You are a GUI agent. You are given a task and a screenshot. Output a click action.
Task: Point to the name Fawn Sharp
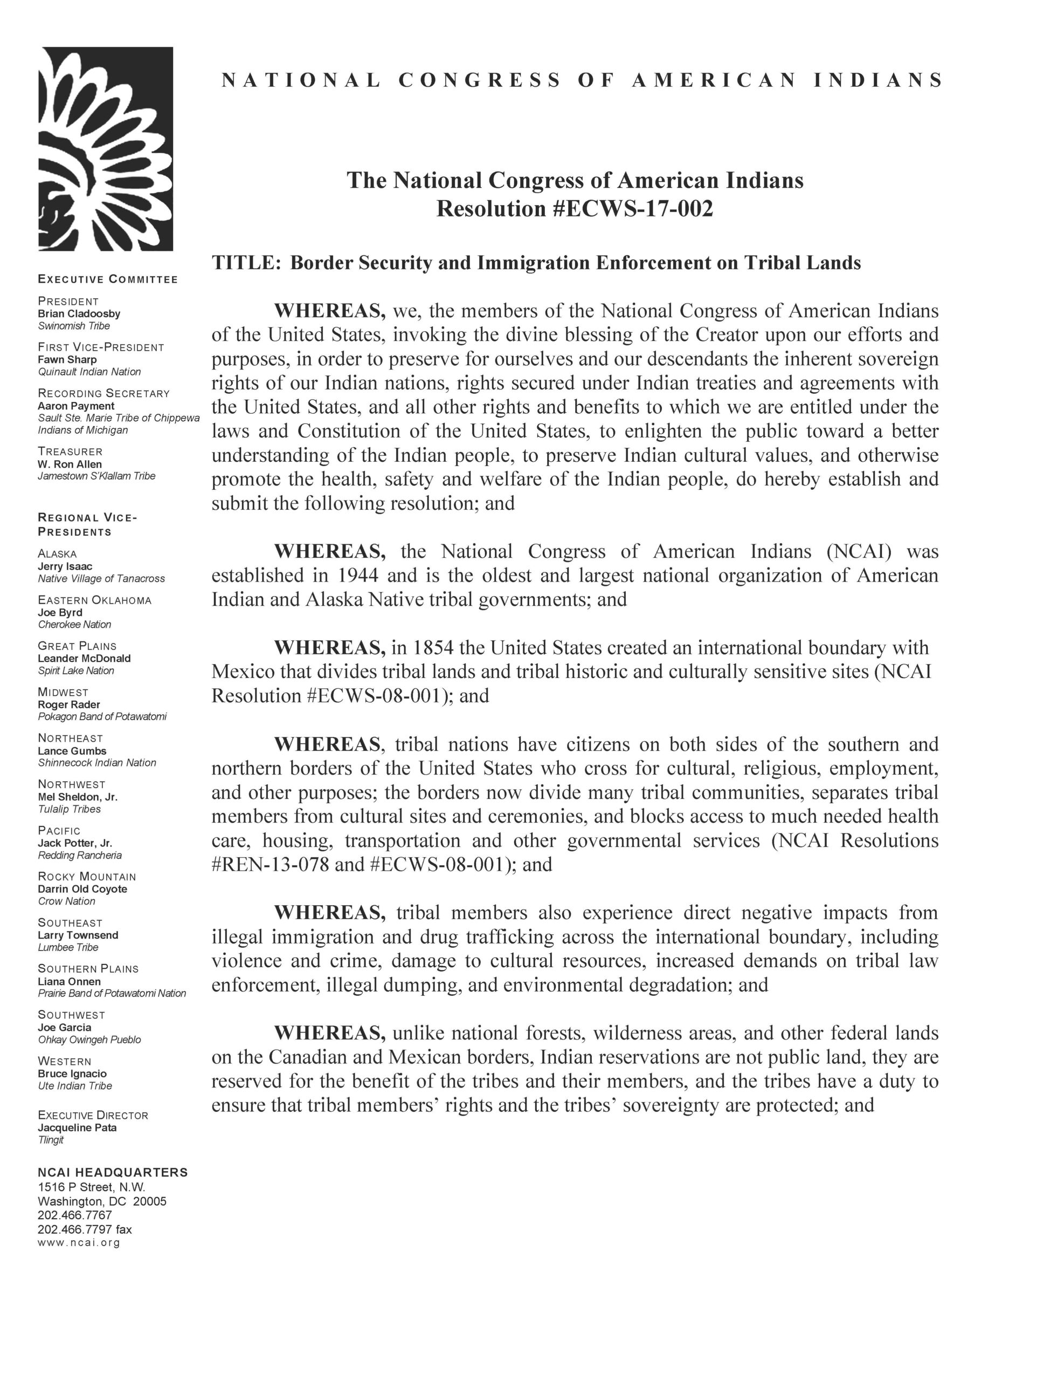(x=67, y=359)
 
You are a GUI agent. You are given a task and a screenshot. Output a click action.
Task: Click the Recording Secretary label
(x=103, y=393)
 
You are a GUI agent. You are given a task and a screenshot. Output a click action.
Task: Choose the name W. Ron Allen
(x=70, y=464)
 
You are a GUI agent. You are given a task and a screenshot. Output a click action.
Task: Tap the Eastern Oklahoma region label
(x=95, y=600)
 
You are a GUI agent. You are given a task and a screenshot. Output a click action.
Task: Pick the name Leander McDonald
(x=84, y=658)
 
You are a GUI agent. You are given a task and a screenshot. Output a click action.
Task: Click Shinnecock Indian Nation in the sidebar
(x=96, y=763)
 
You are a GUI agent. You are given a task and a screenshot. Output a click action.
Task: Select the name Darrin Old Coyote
(x=82, y=889)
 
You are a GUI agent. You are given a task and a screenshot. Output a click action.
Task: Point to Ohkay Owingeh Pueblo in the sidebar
(x=89, y=1040)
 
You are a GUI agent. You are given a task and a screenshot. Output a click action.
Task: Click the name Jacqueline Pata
(x=77, y=1127)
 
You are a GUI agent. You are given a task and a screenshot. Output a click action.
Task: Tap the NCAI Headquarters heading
(x=113, y=1172)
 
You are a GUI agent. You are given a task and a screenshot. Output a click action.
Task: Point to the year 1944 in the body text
(x=357, y=576)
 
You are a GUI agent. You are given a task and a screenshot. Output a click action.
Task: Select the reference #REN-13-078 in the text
(x=270, y=864)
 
